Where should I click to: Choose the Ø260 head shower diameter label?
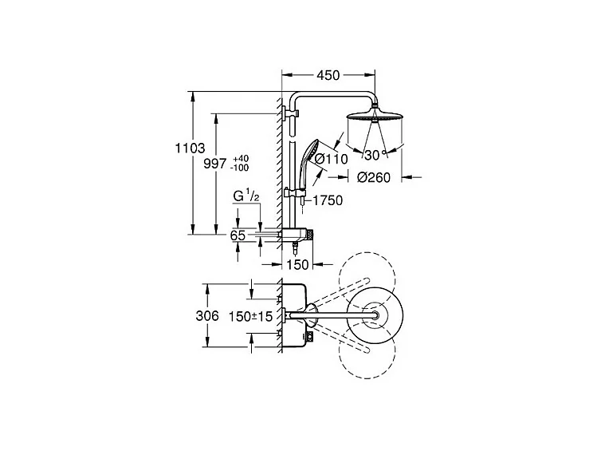pos(373,177)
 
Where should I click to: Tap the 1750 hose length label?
pos(327,200)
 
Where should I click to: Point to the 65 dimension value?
pos(238,235)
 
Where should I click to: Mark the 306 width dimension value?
pos(207,315)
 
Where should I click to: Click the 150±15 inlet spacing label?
pos(251,317)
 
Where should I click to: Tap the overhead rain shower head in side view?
pos(375,121)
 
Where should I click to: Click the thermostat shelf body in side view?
pos(297,235)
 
